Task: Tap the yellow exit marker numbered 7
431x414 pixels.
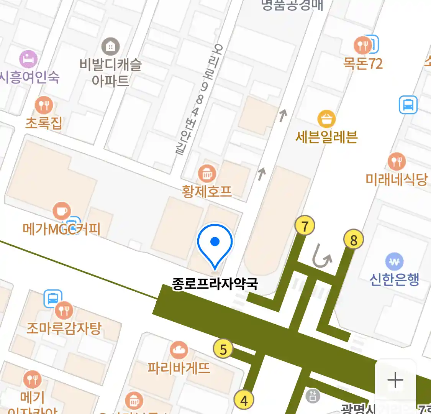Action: pyautogui.click(x=305, y=226)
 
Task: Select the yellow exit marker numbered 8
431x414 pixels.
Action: pyautogui.click(x=353, y=240)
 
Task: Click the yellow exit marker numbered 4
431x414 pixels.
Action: pyautogui.click(x=244, y=400)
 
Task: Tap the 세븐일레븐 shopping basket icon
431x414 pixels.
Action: pyautogui.click(x=326, y=119)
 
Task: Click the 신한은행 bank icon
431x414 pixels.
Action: pyautogui.click(x=394, y=262)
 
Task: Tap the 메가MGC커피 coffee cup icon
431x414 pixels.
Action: pyautogui.click(x=61, y=211)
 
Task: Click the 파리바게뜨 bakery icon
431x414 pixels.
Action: pyautogui.click(x=179, y=350)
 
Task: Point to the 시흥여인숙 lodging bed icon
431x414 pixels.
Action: pyautogui.click(x=29, y=59)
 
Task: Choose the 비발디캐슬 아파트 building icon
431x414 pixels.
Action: pyautogui.click(x=110, y=47)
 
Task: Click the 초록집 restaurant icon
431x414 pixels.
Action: pyautogui.click(x=44, y=105)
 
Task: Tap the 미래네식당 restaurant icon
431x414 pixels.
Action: pyautogui.click(x=397, y=161)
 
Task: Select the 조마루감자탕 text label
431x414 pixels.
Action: pyautogui.click(x=64, y=329)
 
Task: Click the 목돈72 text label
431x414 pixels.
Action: pyautogui.click(x=363, y=63)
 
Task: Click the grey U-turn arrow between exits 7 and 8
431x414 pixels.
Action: pyautogui.click(x=322, y=256)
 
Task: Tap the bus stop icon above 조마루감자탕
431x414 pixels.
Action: pyautogui.click(x=53, y=299)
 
